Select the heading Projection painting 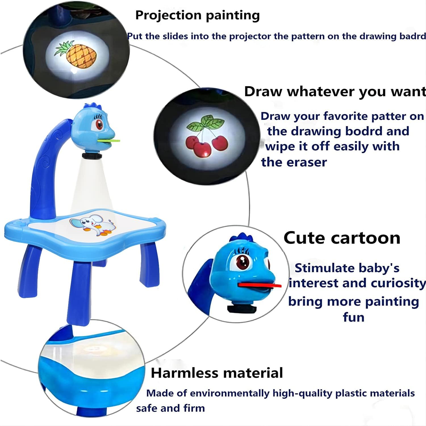197,15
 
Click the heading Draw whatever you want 335,91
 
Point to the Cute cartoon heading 342,238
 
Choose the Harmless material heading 217,373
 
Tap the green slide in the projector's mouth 109,141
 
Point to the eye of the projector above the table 99,124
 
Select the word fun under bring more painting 353,317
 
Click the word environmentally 229,393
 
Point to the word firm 194,408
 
